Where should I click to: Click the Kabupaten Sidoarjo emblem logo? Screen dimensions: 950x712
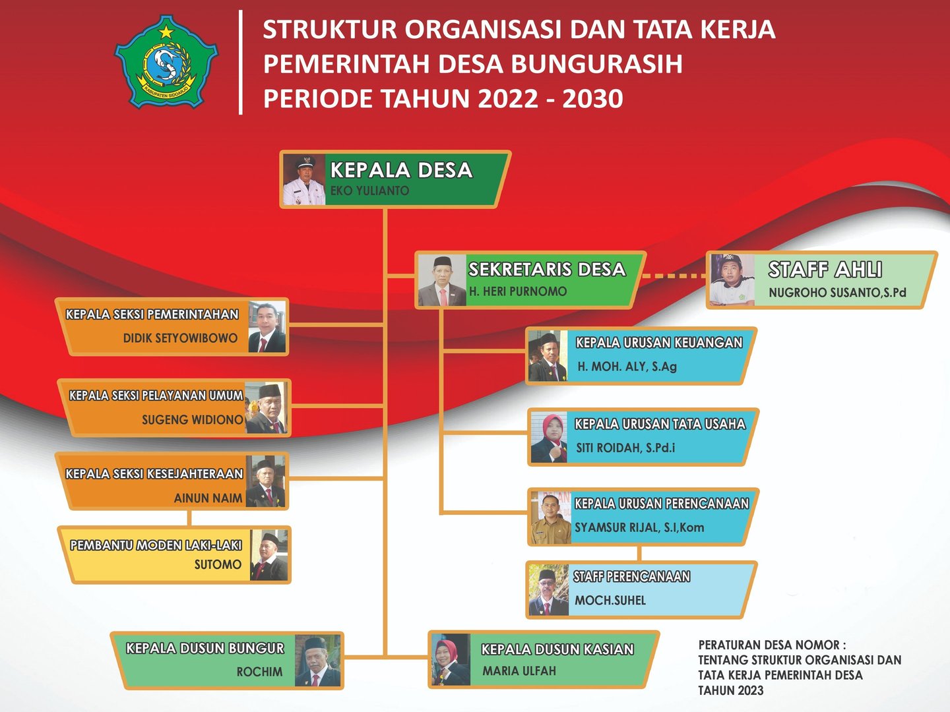tap(166, 61)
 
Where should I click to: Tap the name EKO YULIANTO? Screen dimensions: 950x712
tap(369, 191)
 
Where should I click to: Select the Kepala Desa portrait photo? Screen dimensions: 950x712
tap(304, 179)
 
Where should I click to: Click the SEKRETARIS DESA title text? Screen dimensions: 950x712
tap(547, 270)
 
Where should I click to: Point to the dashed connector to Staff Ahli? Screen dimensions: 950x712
tap(674, 276)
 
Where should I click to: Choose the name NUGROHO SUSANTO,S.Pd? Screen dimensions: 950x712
tap(837, 293)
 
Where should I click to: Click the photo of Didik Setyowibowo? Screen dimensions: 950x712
tap(267, 326)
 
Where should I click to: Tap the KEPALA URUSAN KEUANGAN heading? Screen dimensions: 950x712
tap(658, 343)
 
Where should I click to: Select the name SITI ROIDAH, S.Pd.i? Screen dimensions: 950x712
tap(625, 448)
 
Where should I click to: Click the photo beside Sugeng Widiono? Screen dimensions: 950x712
tap(266, 407)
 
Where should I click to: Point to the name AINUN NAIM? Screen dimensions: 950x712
tap(208, 498)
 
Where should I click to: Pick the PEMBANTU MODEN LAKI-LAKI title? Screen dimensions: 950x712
tap(156, 545)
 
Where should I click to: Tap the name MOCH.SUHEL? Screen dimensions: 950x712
tap(610, 600)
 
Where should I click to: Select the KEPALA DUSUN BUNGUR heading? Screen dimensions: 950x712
tap(205, 648)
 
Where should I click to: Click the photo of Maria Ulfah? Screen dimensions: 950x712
tap(451, 660)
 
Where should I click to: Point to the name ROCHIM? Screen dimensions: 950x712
tap(259, 672)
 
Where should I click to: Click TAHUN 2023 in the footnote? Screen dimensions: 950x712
tap(730, 690)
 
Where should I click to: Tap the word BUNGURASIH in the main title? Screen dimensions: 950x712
tap(597, 63)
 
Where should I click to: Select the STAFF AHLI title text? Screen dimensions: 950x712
tap(825, 270)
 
